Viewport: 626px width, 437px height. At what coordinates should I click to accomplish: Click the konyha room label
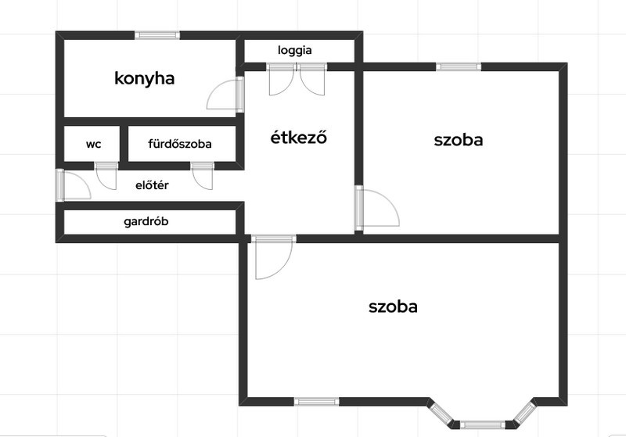point(145,78)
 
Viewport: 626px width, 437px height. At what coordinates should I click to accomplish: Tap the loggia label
point(295,51)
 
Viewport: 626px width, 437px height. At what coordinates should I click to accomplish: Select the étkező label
point(299,137)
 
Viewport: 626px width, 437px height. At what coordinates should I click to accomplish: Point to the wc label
point(93,145)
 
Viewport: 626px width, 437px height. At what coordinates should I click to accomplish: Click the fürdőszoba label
point(180,144)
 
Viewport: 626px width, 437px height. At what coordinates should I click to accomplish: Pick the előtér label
point(152,185)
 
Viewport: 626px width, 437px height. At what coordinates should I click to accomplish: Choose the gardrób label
point(146,221)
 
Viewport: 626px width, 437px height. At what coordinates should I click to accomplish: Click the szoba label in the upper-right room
point(459,140)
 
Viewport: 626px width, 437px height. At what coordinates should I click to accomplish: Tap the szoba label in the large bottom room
point(393,306)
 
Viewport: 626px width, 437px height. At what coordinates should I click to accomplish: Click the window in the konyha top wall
point(157,35)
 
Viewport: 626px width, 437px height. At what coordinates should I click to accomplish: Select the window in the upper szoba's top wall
point(459,66)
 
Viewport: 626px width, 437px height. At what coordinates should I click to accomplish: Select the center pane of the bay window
point(483,424)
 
